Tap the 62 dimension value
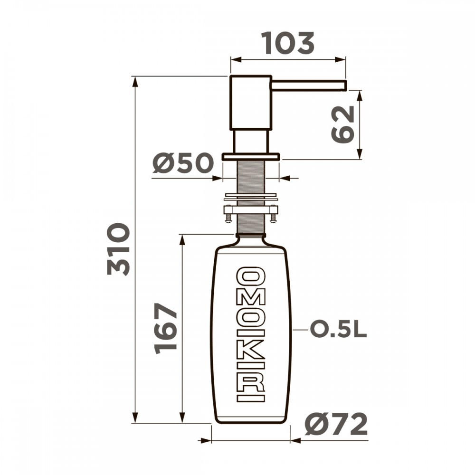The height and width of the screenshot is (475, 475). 343,124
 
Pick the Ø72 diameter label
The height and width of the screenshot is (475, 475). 336,424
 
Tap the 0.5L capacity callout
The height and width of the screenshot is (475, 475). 338,329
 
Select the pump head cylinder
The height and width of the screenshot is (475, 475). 250,102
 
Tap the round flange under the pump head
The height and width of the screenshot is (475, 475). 251,156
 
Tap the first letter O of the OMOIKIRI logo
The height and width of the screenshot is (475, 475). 251,276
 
